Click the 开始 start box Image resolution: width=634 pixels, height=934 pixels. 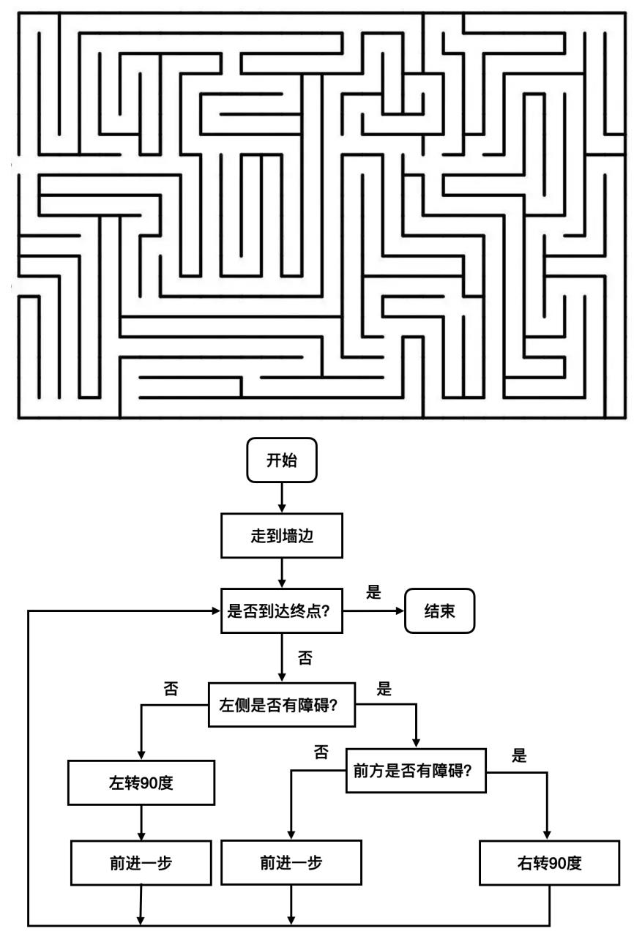pos(282,460)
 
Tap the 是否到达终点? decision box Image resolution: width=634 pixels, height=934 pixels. pos(283,610)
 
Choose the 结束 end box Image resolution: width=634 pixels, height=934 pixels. pos(439,610)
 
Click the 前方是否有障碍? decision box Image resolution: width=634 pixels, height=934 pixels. pos(417,770)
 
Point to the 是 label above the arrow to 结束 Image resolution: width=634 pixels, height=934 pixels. pos(373,593)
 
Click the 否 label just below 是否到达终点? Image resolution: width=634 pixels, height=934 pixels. pos(304,657)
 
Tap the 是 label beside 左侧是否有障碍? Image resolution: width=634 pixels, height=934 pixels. pos(384,689)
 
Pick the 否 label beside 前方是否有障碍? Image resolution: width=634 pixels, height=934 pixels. pos(321,752)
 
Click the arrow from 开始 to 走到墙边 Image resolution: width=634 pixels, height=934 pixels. pos(282,498)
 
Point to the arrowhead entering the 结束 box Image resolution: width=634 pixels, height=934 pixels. pos(398,610)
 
